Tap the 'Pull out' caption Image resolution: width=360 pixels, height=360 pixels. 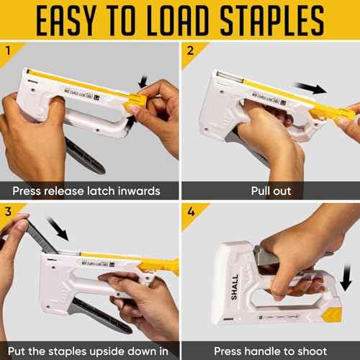coord(270,191)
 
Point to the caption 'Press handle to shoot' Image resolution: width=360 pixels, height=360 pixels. coord(270,350)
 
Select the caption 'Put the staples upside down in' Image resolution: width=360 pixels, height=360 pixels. coord(89,350)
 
